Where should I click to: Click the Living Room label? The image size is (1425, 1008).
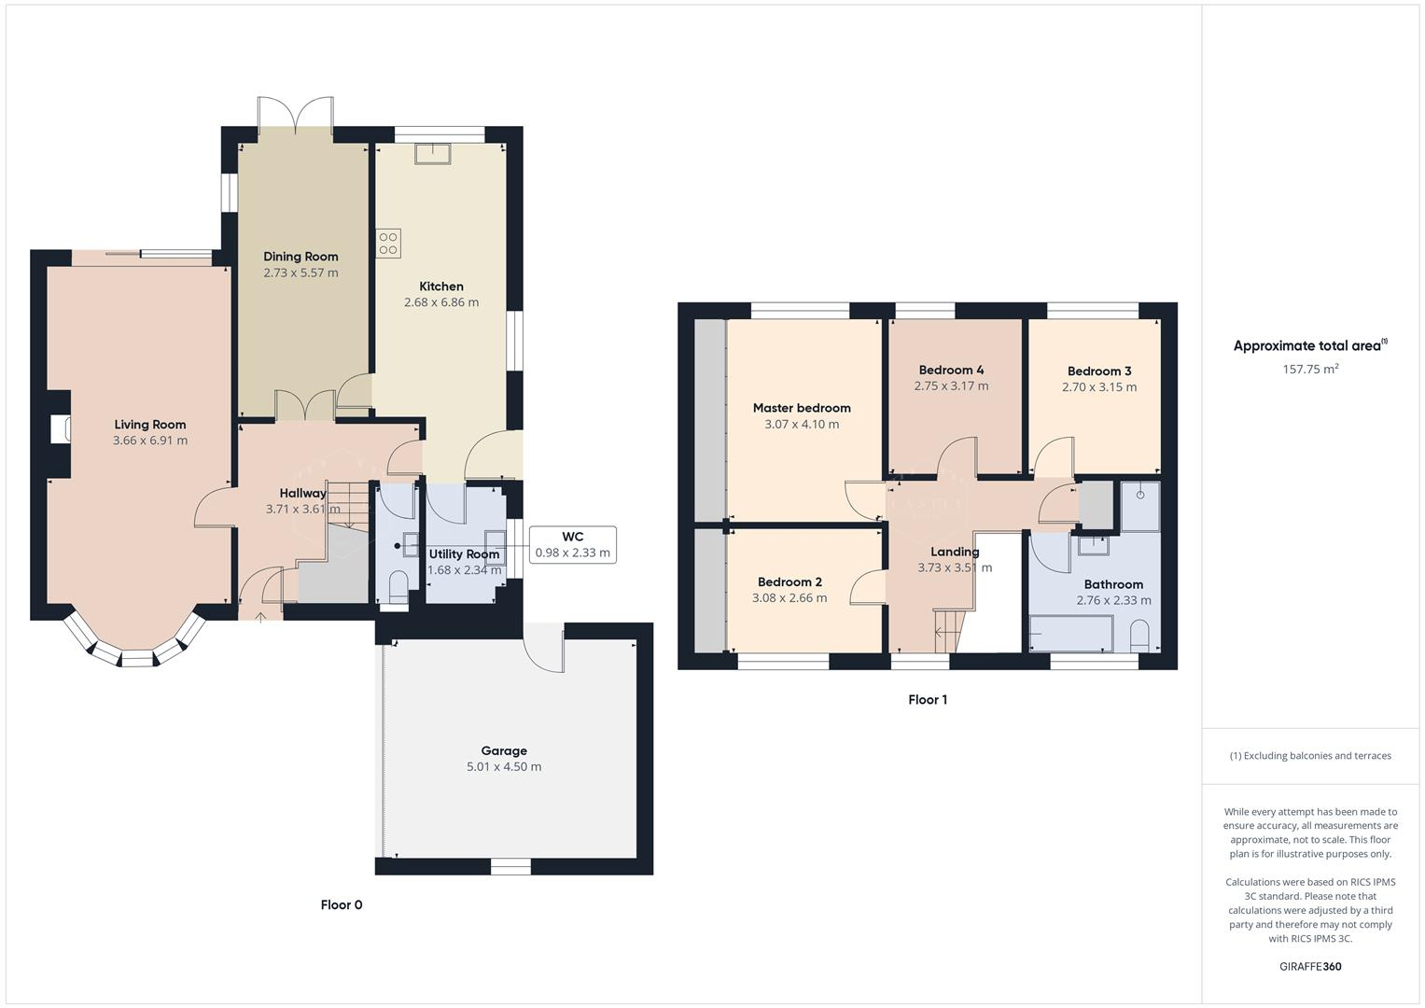click(x=149, y=425)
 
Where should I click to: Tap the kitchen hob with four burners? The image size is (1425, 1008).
click(x=388, y=244)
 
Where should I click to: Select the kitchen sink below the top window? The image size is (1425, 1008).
click(x=433, y=153)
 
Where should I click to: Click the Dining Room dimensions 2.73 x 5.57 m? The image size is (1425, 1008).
click(x=300, y=273)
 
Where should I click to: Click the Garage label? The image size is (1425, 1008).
click(x=504, y=750)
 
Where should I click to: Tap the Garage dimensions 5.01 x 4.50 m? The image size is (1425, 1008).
click(x=504, y=767)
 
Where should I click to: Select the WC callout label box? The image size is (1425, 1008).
click(x=572, y=544)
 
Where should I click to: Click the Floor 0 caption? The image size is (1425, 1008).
click(x=342, y=904)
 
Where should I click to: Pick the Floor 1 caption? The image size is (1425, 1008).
click(x=928, y=699)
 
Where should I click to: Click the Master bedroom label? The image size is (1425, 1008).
click(x=802, y=408)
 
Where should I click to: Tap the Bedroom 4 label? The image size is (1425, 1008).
click(x=951, y=370)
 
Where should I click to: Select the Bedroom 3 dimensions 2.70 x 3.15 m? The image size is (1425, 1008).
click(x=1099, y=387)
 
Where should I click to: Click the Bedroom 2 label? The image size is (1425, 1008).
click(x=789, y=581)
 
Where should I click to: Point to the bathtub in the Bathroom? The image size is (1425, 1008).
click(x=1070, y=634)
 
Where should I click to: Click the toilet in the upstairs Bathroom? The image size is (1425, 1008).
click(x=1139, y=637)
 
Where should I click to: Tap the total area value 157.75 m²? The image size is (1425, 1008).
click(x=1310, y=369)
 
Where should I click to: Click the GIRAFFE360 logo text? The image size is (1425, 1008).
click(x=1310, y=966)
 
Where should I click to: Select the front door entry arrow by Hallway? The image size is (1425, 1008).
click(x=259, y=616)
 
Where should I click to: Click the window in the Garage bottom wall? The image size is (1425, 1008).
click(x=510, y=867)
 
